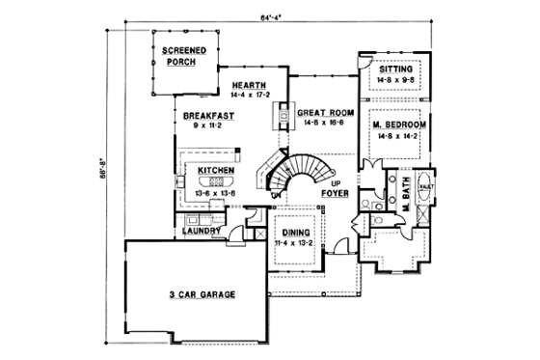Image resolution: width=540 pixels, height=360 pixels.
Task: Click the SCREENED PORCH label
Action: click(x=179, y=55)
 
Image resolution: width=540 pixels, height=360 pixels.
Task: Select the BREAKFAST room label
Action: click(x=203, y=115)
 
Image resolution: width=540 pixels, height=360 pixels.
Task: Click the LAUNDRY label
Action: click(x=198, y=232)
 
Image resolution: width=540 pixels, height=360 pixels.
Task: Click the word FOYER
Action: click(x=336, y=192)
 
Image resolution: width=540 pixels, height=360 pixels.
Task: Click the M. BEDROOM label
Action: click(x=398, y=126)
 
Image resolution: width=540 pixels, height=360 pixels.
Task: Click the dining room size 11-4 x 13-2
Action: click(x=296, y=244)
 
